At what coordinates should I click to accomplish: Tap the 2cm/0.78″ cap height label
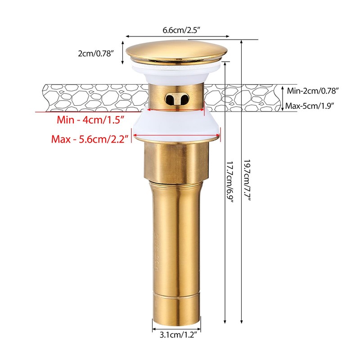coord(96,53)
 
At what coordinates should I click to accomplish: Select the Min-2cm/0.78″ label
coord(313,90)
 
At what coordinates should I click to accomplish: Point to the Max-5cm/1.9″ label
coord(310,106)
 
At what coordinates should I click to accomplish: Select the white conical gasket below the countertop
coord(176,126)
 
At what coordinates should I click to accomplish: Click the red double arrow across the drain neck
coord(176,108)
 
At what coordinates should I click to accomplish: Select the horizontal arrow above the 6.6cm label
coord(177,36)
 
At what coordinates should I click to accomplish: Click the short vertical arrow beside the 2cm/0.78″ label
coord(123,53)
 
